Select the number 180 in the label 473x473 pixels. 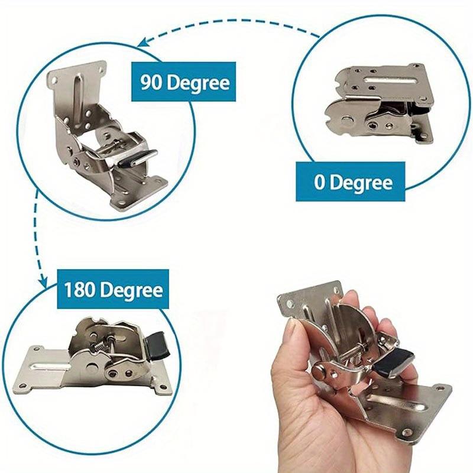pos(80,290)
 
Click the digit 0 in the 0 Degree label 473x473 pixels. pos(319,182)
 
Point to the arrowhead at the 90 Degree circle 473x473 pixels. pos(142,42)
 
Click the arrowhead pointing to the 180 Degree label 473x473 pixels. pos(44,283)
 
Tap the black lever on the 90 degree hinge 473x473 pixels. pos(138,158)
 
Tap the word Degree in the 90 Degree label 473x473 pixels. pos(199,83)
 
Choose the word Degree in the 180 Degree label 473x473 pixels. pos(132,290)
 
